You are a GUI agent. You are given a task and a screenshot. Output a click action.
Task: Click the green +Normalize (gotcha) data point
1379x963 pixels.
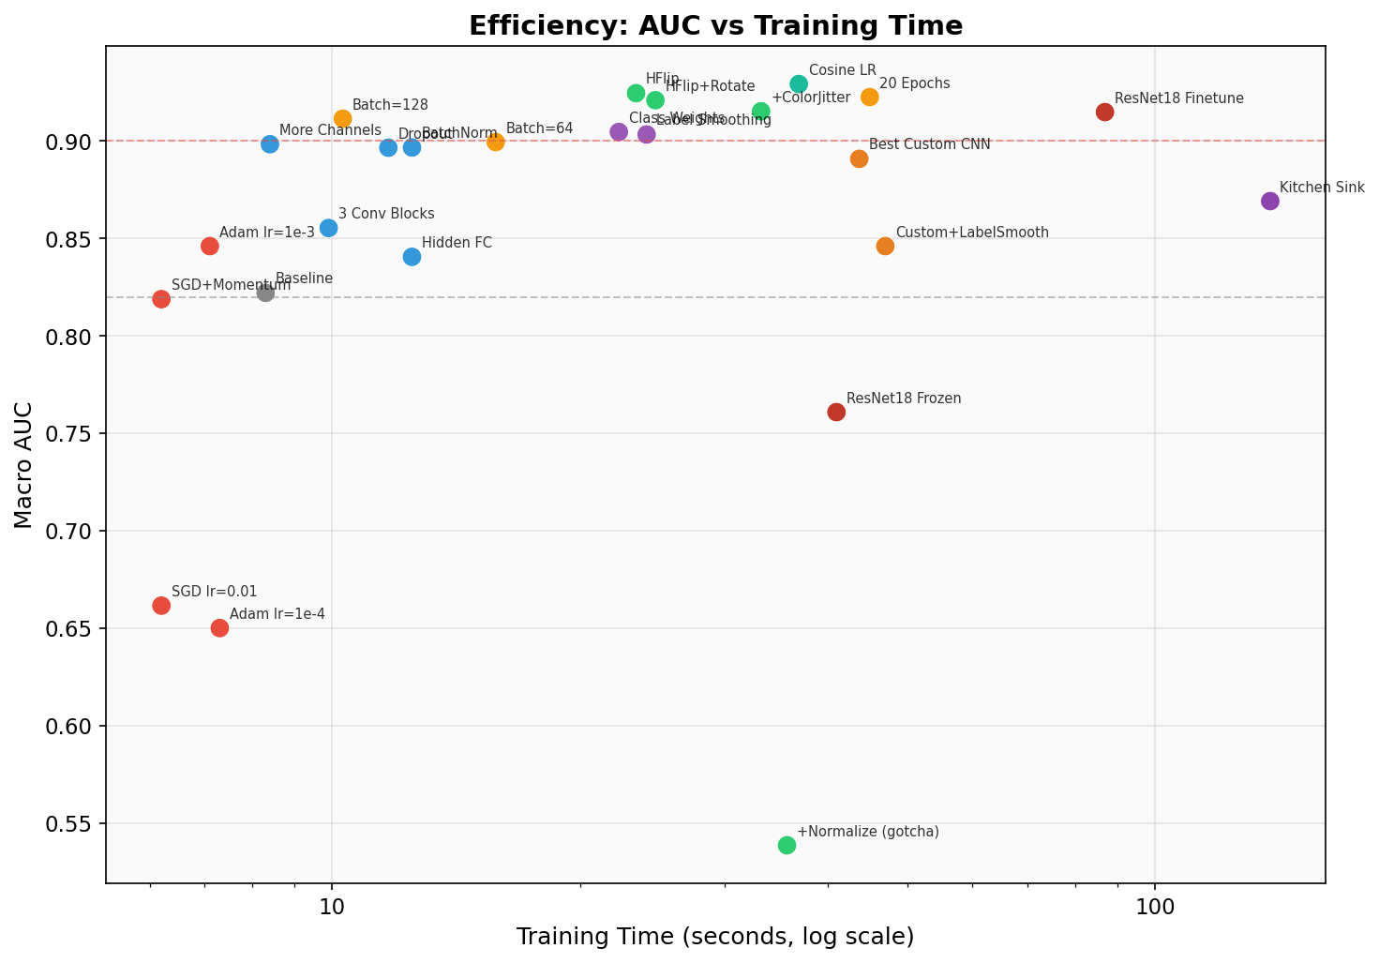click(787, 845)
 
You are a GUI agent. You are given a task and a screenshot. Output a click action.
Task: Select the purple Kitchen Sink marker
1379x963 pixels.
click(1270, 201)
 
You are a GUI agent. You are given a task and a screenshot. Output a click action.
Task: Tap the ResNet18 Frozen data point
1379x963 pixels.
click(836, 412)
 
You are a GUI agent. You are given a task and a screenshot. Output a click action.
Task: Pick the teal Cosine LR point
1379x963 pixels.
click(799, 84)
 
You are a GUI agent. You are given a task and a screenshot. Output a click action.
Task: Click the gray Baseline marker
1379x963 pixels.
click(265, 293)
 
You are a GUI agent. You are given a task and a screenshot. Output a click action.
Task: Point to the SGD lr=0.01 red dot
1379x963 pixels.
click(161, 606)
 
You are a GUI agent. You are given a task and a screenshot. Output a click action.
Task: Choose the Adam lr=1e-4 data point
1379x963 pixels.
click(219, 627)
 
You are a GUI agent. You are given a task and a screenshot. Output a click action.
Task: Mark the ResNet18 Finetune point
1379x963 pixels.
click(1105, 112)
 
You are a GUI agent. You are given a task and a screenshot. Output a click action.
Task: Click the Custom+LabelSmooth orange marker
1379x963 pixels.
click(885, 246)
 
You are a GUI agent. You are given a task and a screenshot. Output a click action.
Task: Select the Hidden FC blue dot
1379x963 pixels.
click(412, 256)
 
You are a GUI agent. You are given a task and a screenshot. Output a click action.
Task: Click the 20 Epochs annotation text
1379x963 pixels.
click(914, 83)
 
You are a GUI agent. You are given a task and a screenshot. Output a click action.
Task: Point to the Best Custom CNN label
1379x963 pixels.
click(929, 144)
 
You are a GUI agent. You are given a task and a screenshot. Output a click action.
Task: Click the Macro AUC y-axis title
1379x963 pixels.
click(23, 464)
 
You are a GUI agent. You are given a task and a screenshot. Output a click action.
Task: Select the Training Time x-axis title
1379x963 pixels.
click(714, 937)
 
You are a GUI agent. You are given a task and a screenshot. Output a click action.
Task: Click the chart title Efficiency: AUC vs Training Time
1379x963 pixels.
click(714, 25)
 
